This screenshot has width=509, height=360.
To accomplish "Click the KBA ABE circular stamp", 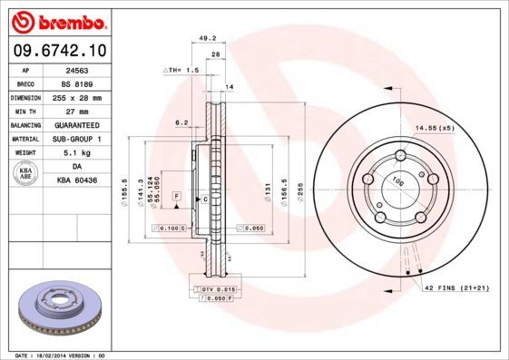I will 25,174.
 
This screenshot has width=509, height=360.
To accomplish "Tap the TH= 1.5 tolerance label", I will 181,70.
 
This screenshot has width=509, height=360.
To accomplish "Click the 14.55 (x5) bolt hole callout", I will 436,129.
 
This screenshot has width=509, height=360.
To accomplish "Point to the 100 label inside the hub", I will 396,182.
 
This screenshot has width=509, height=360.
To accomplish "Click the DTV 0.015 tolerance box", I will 211,287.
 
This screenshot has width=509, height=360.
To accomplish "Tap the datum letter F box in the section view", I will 178,196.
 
